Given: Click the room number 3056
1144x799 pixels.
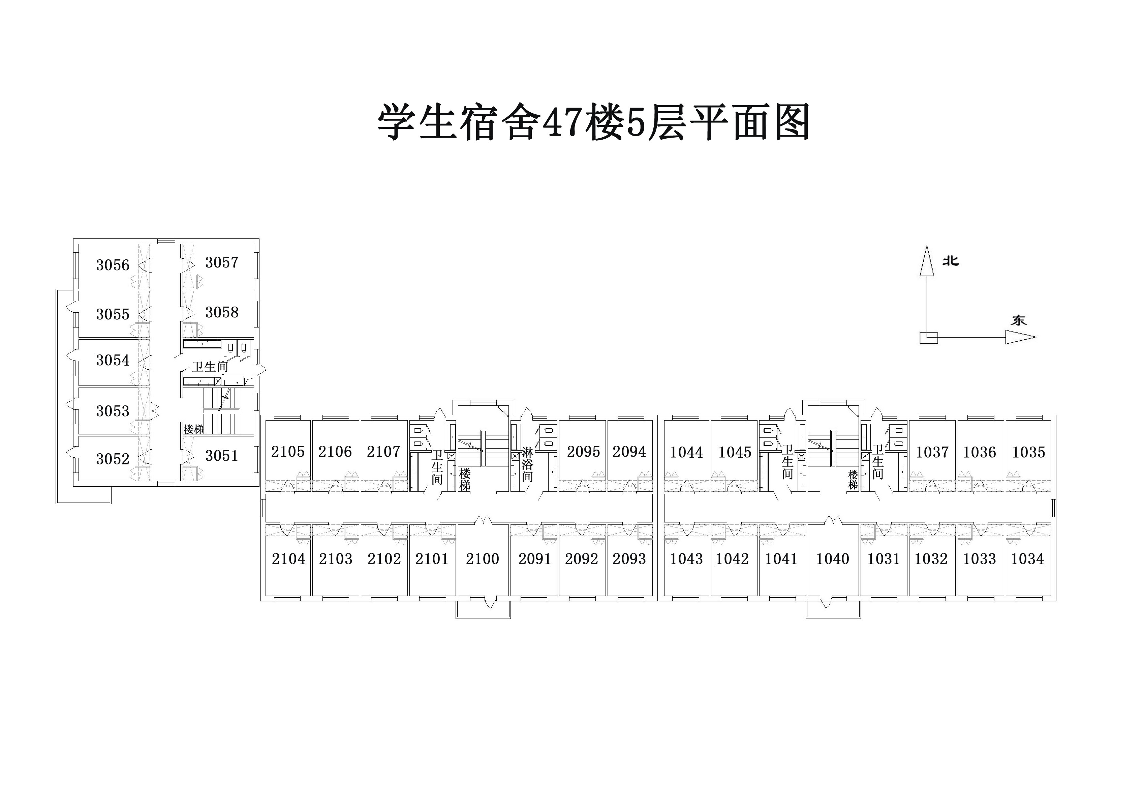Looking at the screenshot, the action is [113, 265].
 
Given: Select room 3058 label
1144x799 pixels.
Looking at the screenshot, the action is [222, 312].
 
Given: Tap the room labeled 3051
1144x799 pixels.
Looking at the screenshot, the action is [222, 455].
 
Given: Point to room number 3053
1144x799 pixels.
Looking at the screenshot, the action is [113, 411].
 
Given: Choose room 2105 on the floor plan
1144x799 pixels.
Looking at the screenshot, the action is [287, 451].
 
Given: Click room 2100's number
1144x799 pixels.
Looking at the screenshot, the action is [482, 559].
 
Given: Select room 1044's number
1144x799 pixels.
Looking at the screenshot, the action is [686, 452].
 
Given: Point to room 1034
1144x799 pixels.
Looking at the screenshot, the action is [1027, 559].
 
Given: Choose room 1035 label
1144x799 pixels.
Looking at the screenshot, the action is [1029, 452].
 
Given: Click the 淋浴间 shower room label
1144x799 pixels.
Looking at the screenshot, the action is [527, 465].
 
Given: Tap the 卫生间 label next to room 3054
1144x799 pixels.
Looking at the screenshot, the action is [210, 367].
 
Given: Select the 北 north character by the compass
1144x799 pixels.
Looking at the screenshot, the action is [951, 261].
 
